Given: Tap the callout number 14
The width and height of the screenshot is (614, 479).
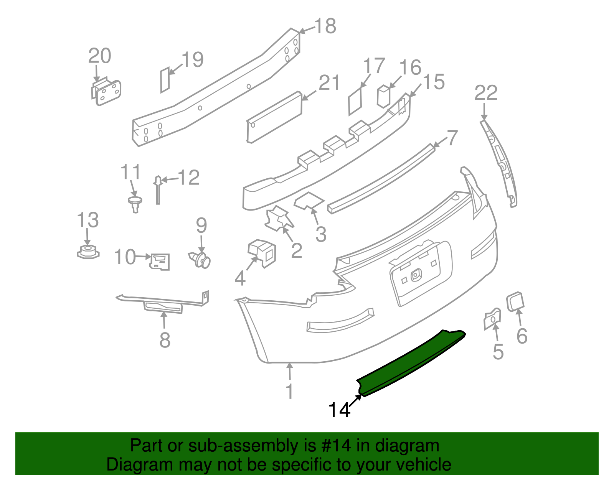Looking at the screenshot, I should click(339, 410).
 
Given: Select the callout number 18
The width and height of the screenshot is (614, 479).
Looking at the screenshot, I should click(325, 26).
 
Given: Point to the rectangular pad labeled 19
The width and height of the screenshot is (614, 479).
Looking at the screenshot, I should click(165, 80).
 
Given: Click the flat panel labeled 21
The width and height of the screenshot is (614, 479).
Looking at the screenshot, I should click(274, 117).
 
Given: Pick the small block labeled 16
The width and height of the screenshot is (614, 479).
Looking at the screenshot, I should click(383, 95).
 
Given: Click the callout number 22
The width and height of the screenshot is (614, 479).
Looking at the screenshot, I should click(486, 93).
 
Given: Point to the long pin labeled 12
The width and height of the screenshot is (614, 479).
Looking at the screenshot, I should click(158, 190).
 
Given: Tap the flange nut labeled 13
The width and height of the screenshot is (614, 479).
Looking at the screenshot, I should click(88, 252).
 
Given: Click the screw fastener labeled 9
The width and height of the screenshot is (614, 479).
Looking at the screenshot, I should click(201, 260).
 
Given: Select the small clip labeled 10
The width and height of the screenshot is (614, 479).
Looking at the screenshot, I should click(160, 262).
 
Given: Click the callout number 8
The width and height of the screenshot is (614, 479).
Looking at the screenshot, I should click(165, 340).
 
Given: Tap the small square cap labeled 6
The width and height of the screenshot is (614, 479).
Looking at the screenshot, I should click(515, 301).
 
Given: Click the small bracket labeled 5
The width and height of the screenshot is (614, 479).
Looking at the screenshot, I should click(492, 318).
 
